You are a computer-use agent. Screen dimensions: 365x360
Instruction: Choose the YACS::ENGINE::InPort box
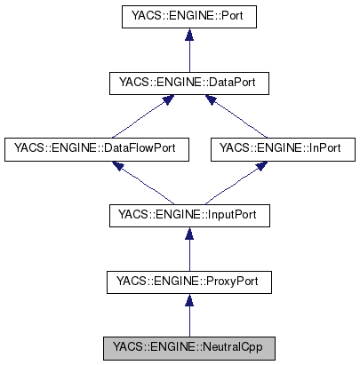276,149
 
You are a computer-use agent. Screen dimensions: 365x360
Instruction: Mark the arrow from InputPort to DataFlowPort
142,183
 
